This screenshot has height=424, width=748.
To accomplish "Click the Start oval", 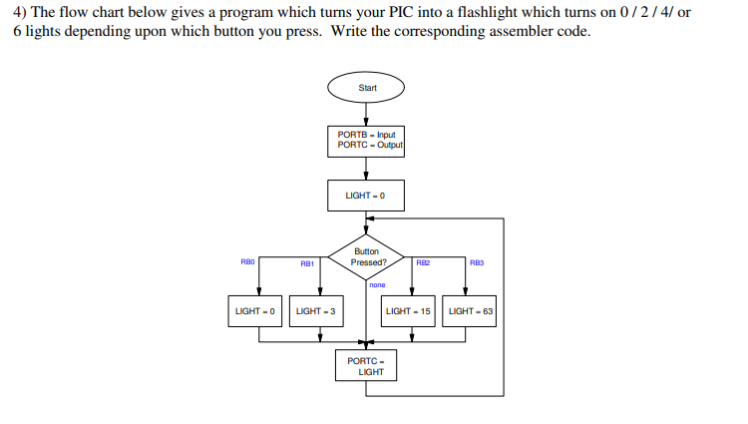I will [x=366, y=88].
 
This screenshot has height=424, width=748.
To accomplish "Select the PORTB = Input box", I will [x=366, y=141].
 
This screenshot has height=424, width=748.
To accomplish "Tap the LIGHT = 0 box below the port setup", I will [x=366, y=195].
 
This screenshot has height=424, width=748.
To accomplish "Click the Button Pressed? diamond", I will [x=366, y=257].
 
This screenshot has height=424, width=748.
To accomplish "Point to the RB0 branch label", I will [x=248, y=261].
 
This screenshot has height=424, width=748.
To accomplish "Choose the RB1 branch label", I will [x=307, y=263].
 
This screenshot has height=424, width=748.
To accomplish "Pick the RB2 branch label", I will [x=423, y=262].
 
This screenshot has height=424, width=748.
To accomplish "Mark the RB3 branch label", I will [x=476, y=262].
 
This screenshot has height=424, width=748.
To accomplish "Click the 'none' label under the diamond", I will [x=377, y=285].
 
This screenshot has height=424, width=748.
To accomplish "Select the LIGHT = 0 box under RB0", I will [x=255, y=311].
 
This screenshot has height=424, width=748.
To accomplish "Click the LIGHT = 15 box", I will [x=409, y=311].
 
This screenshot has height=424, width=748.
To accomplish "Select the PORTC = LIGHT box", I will [x=366, y=365].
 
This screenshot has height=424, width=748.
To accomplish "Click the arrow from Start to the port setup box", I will [x=366, y=114].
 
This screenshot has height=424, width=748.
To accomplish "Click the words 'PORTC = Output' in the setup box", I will [x=370, y=146].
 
